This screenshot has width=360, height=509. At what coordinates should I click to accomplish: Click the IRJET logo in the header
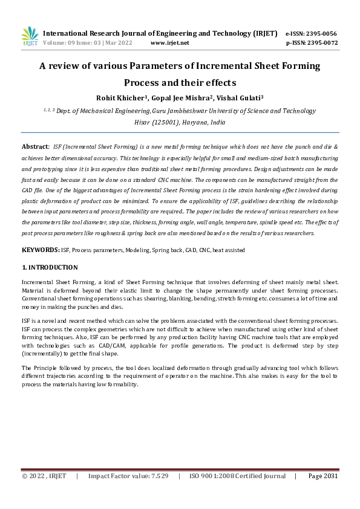(29, 36)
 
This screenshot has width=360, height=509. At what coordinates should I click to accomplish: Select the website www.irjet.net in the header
(169, 43)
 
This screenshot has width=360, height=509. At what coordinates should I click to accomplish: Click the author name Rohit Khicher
(119, 98)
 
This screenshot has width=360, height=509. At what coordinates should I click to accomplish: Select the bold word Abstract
(34, 147)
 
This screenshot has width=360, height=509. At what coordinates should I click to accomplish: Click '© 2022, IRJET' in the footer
(44, 476)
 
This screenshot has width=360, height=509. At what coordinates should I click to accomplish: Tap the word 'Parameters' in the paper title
(157, 66)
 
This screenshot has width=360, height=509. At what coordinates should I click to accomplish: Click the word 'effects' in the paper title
(217, 82)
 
